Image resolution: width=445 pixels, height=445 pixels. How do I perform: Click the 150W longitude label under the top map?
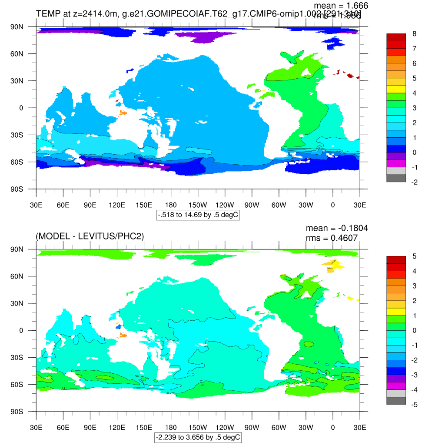coord(198,205)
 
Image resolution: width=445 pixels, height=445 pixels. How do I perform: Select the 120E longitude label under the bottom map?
coord(117,428)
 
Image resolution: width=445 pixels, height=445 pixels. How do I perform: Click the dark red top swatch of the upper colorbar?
coord(396,37)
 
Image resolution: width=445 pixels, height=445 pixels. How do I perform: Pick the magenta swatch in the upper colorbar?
coord(396,163)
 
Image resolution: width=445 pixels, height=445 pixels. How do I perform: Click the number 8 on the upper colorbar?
coord(414,34)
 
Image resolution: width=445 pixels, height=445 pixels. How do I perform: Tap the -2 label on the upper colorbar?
coord(415,182)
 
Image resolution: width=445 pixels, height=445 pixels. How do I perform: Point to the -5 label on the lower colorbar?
coord(415,405)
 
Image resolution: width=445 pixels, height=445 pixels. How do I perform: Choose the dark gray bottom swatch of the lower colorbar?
coord(396,401)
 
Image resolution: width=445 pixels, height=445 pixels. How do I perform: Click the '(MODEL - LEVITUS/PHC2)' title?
coord(90,236)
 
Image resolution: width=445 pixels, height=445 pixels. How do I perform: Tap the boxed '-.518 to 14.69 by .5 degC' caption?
coord(198,215)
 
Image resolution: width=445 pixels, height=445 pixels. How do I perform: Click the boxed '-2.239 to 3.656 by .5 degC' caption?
coord(198,437)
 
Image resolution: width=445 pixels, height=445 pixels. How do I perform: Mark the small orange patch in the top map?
coord(123,113)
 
